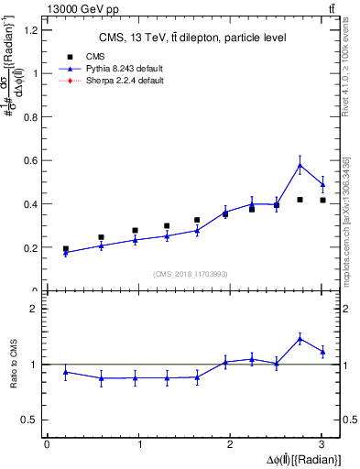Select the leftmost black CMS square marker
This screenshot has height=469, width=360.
pyautogui.click(x=65, y=249)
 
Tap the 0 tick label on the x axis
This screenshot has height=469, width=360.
pyautogui.click(x=48, y=444)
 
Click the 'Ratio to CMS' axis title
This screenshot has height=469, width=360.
pyautogui.click(x=13, y=365)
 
